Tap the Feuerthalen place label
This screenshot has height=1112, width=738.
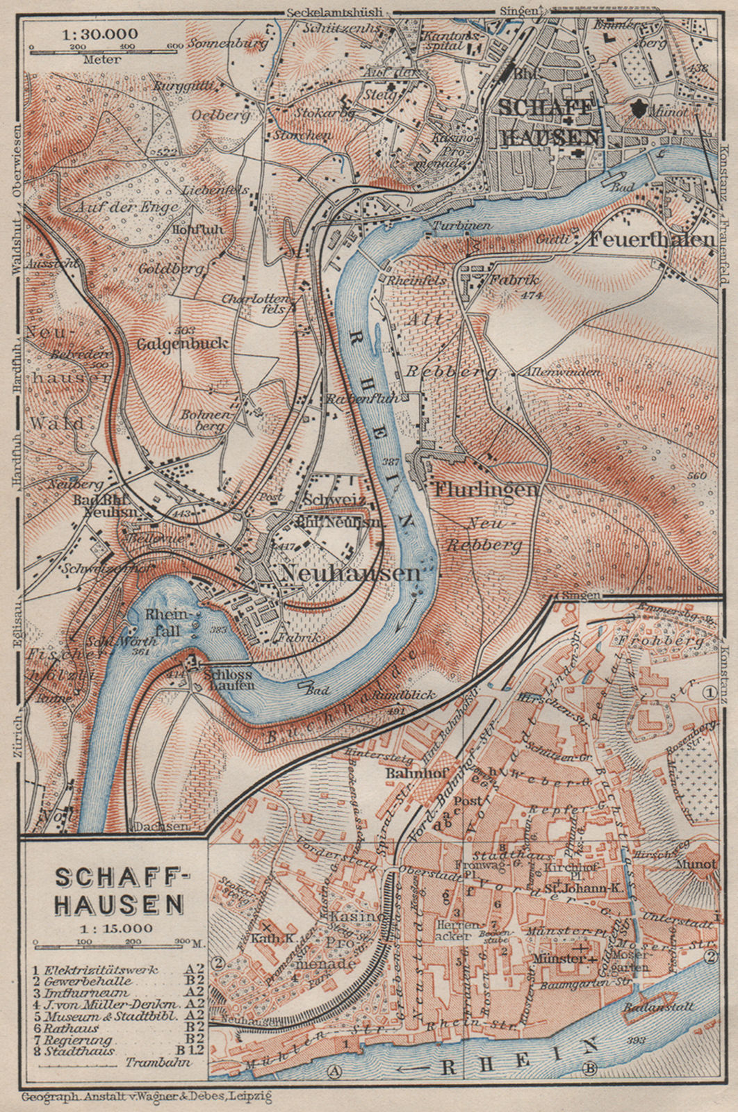(x=651, y=239)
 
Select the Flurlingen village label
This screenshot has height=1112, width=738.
(x=486, y=489)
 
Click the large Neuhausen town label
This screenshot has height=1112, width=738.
(x=352, y=573)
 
